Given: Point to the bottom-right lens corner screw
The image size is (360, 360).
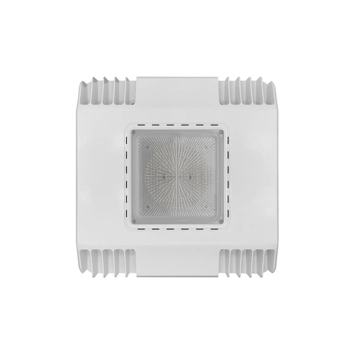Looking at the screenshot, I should click(x=221, y=220).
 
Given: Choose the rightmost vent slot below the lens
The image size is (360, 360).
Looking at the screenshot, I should click(x=219, y=229).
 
